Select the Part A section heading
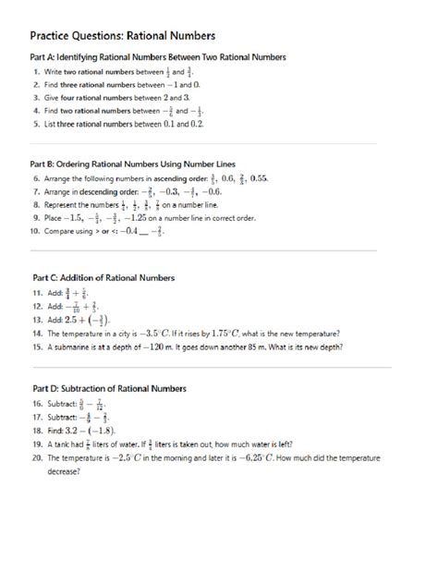[x=158, y=57]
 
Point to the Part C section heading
[x=103, y=276]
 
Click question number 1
[x=36, y=70]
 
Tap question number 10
[x=36, y=233]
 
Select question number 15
[x=36, y=347]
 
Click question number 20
[x=36, y=456]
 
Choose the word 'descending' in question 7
[x=95, y=191]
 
